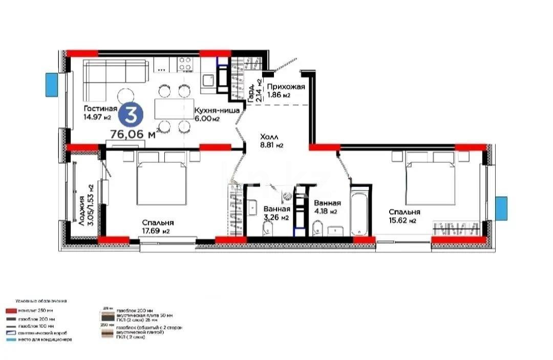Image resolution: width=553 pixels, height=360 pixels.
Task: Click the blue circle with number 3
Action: pos(132,115)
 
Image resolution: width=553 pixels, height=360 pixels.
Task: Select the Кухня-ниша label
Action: pos(214,110)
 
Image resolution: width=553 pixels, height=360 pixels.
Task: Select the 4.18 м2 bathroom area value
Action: pos(326,211)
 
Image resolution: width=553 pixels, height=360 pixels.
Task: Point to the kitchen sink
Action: pos(208,80)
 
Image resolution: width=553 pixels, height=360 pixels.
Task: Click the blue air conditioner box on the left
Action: pos(52,84)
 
